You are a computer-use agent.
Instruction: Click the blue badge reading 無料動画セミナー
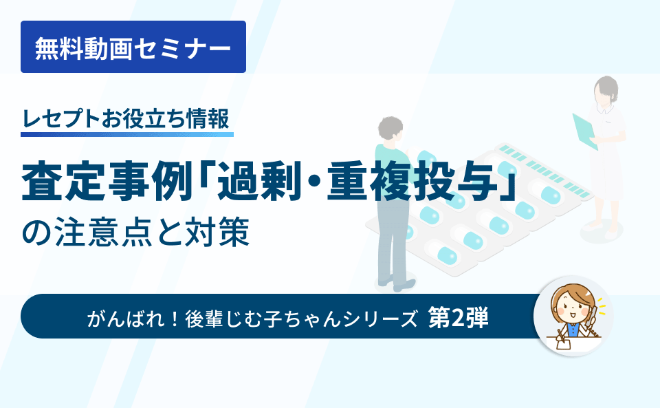(133, 47)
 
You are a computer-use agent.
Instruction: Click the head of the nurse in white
(606, 89)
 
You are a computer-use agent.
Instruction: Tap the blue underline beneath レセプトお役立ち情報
(126, 133)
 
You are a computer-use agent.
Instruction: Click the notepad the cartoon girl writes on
(568, 341)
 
